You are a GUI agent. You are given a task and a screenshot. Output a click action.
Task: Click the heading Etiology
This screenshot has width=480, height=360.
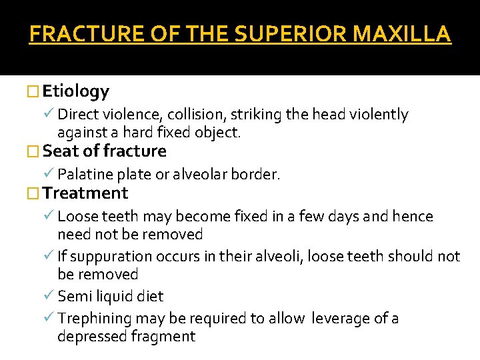pos(76,91)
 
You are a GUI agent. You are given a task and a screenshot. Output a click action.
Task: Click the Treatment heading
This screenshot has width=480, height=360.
pos(85,194)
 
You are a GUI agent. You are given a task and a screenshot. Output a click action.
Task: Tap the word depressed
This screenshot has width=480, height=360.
pos(90,337)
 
